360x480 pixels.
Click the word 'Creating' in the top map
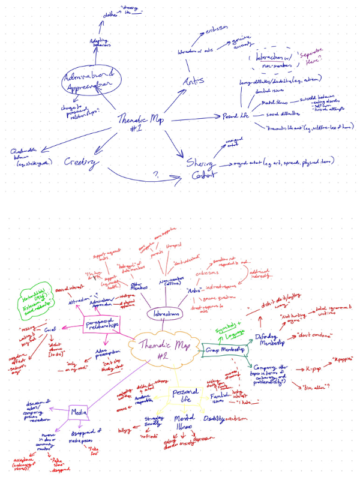[82, 163]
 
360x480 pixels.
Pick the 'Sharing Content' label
[198, 164]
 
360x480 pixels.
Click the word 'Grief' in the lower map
[50, 330]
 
